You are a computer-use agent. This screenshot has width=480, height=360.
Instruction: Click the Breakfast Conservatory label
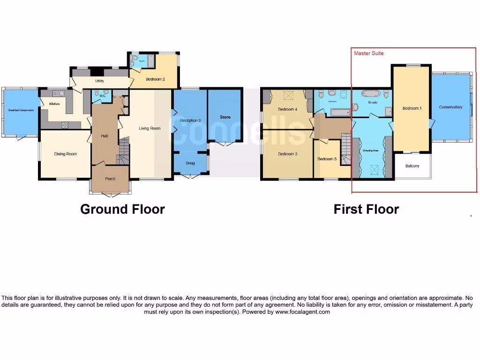[21, 110]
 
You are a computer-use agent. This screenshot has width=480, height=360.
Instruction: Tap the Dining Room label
[65, 154]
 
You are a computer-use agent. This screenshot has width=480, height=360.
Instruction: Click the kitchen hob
[65, 125]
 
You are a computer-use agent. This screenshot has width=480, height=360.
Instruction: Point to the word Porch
[110, 179]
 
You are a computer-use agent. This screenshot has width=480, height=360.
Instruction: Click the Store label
[225, 117]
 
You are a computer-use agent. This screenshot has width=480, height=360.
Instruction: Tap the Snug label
[190, 163]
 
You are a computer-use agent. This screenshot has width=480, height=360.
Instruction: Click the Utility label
[99, 81]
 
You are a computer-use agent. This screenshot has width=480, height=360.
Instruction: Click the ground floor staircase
[123, 152]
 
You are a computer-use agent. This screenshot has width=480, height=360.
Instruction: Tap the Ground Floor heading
[122, 209]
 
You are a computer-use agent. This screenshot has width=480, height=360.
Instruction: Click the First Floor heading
[366, 209]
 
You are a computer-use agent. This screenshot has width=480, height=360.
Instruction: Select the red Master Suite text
[368, 53]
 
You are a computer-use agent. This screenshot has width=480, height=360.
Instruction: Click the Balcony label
[412, 166]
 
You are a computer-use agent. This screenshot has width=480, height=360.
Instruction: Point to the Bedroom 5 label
[327, 159]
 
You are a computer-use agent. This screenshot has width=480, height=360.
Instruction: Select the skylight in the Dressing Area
[374, 170]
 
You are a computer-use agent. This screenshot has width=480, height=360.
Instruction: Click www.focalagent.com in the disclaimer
[302, 312]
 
